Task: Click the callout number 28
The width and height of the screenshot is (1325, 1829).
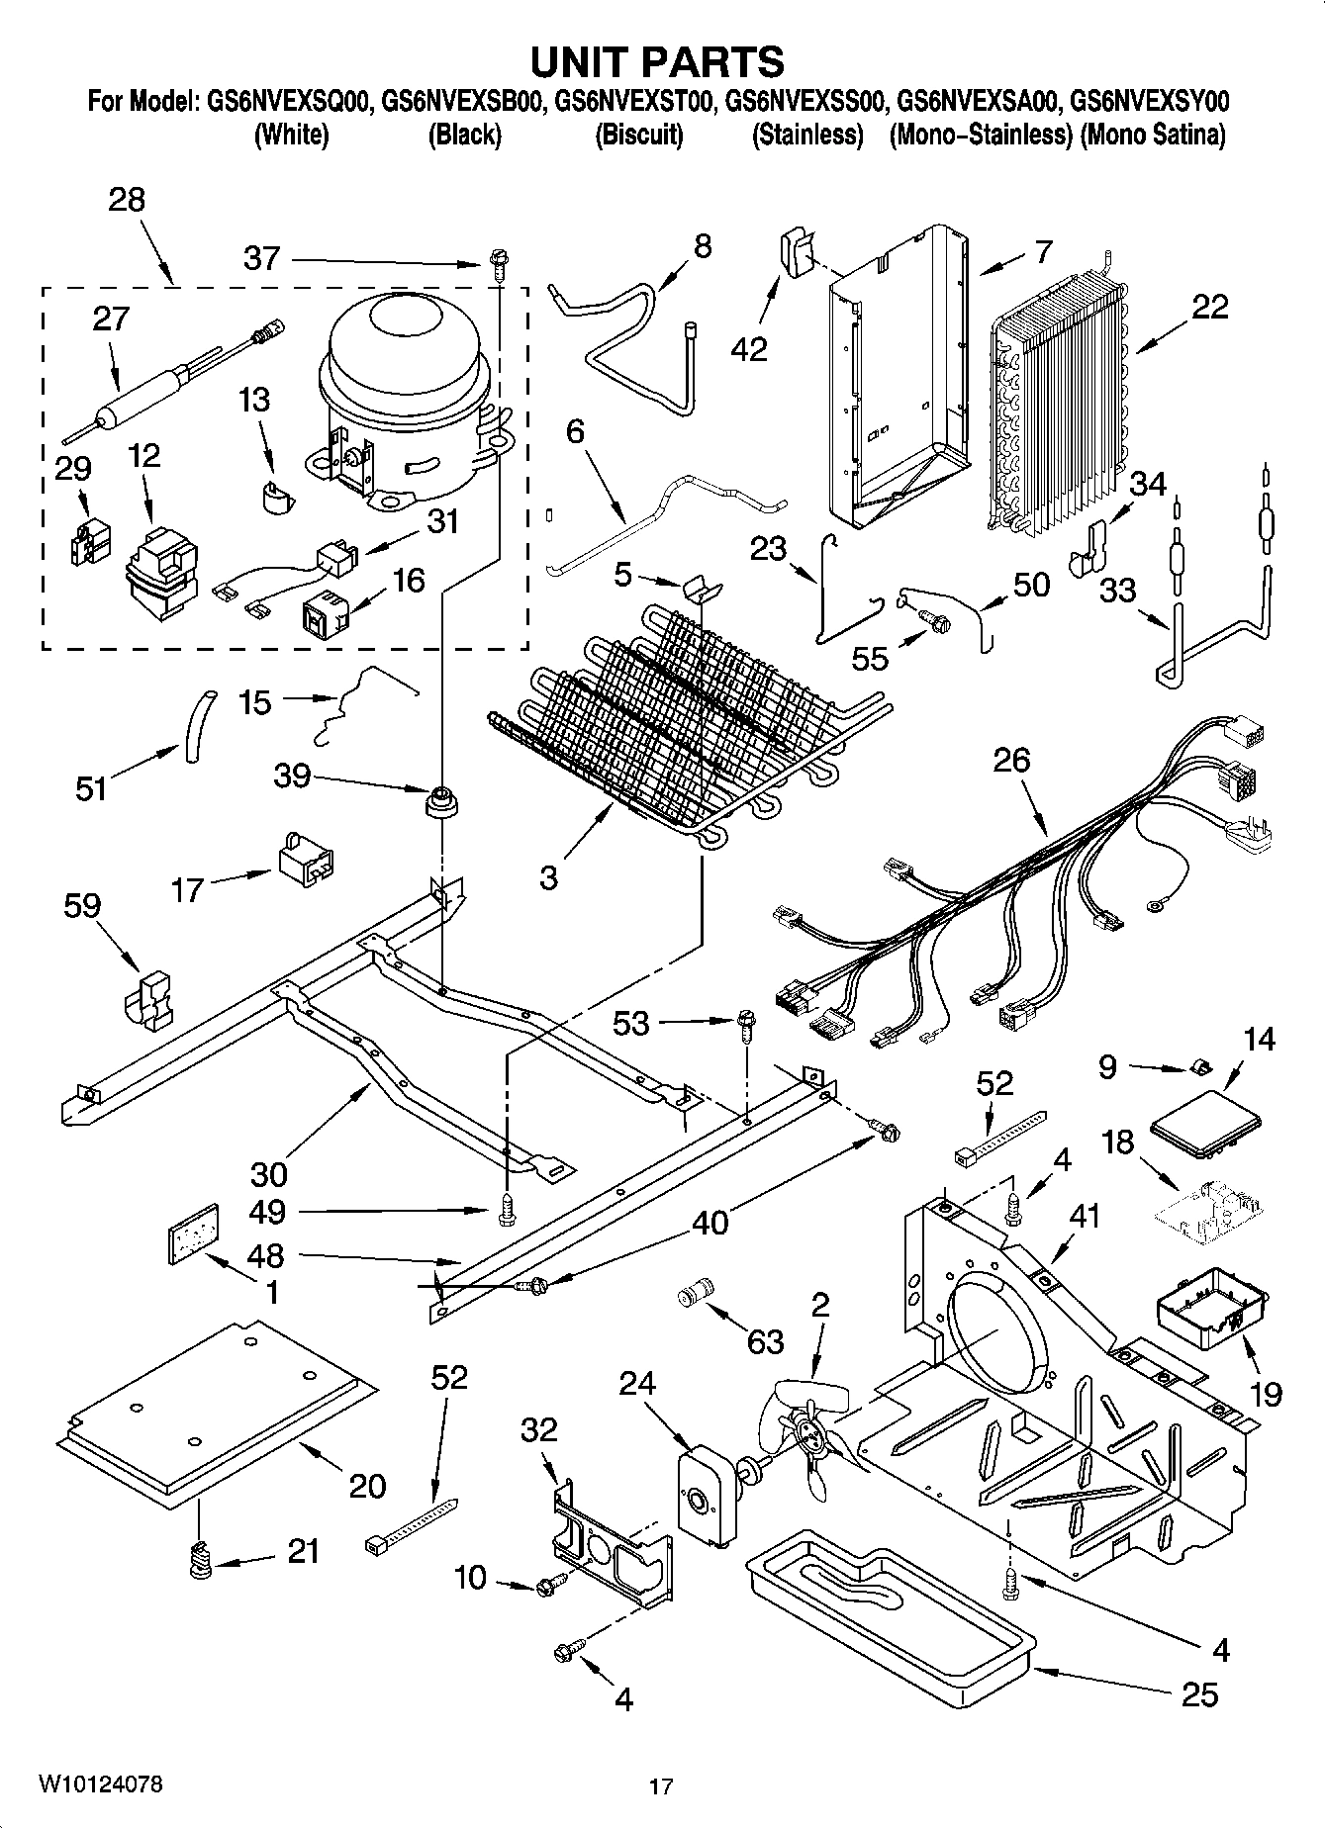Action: click(x=127, y=200)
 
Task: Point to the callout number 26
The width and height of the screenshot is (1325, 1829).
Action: click(x=1012, y=760)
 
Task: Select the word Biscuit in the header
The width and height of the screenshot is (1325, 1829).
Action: click(x=638, y=136)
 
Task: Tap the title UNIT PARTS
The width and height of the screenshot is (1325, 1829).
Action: click(x=657, y=61)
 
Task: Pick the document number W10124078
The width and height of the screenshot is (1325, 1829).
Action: click(x=101, y=1784)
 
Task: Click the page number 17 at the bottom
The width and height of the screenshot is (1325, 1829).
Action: click(x=661, y=1786)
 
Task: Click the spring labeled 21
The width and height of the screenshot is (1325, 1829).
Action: click(x=201, y=1561)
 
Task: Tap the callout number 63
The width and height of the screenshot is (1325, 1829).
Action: click(x=765, y=1341)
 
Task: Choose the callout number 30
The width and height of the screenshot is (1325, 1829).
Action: click(x=268, y=1173)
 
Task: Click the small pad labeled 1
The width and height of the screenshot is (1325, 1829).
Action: click(x=190, y=1233)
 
